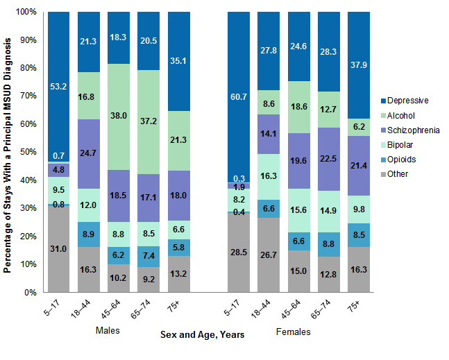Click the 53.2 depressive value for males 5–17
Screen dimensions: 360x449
[58, 86]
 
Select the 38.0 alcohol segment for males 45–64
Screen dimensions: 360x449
[119, 117]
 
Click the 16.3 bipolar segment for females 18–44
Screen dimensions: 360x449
[269, 177]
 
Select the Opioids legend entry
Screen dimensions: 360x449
[405, 159]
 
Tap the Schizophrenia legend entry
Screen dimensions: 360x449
[414, 130]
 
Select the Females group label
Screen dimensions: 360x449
[293, 332]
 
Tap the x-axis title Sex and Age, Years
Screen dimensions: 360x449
[202, 335]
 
